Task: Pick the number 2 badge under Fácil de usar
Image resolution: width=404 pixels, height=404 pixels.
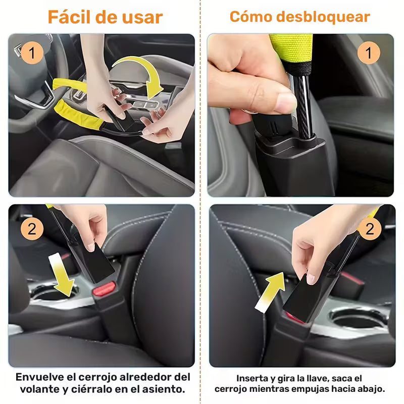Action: tap(32, 229)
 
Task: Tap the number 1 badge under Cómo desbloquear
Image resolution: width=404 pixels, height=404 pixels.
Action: tap(369, 53)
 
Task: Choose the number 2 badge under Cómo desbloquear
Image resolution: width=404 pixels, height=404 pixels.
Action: tap(370, 229)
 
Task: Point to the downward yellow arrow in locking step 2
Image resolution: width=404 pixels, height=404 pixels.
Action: tap(60, 276)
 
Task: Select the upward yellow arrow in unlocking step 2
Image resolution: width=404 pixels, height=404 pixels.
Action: tap(268, 290)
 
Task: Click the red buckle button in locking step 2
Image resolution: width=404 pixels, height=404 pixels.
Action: tap(104, 289)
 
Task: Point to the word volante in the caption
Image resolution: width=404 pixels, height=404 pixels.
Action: tap(40, 389)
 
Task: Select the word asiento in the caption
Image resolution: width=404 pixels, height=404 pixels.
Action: tap(164, 389)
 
